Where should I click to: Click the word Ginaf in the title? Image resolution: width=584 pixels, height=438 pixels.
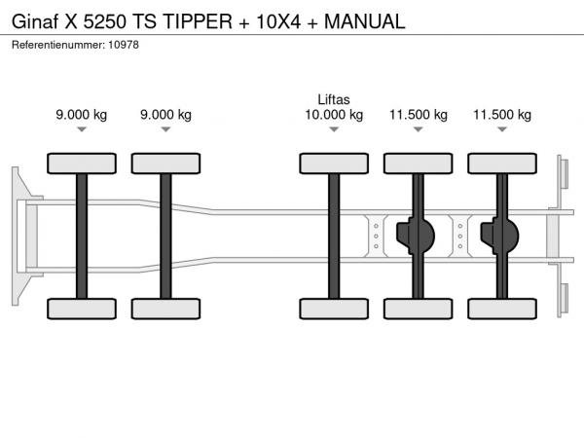(x=35, y=21)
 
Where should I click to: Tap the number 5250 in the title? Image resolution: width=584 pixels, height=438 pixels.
(x=105, y=21)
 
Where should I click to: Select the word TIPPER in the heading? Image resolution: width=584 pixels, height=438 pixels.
(x=198, y=21)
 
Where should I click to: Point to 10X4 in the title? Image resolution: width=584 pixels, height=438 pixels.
(x=278, y=21)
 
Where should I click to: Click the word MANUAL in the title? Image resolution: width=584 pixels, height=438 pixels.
(x=365, y=21)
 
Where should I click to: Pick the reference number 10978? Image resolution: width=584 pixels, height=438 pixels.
(x=124, y=45)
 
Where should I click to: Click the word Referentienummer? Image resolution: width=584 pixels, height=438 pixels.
(x=58, y=45)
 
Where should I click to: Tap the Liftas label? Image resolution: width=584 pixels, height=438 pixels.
(x=334, y=99)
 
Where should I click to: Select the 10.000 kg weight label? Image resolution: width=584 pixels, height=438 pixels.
(x=334, y=115)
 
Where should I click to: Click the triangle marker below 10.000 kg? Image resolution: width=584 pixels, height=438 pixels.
(x=334, y=129)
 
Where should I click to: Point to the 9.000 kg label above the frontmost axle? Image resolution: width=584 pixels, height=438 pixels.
(x=82, y=115)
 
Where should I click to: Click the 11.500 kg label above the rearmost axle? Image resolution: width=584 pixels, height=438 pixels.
(x=502, y=115)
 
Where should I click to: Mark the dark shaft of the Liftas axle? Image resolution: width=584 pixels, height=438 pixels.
(x=334, y=237)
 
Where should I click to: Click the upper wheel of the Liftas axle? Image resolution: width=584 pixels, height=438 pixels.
(x=334, y=164)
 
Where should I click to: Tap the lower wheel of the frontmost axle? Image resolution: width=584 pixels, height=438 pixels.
(x=82, y=309)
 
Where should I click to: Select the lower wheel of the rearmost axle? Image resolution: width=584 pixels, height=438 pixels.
(x=502, y=309)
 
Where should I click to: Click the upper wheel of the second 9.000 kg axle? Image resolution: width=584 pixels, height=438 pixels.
(x=165, y=164)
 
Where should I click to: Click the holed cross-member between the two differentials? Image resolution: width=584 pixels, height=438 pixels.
(x=460, y=237)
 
